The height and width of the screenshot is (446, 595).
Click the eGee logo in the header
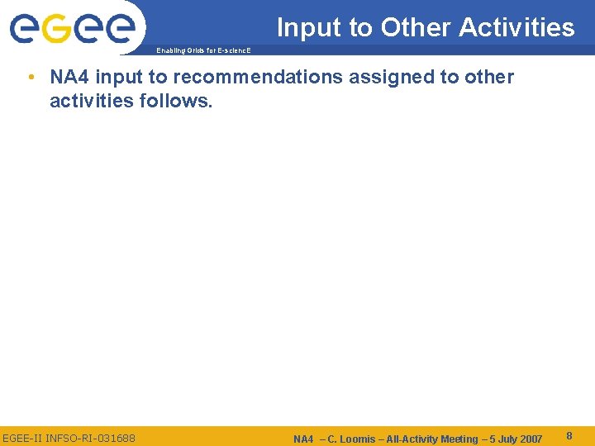click(72, 27)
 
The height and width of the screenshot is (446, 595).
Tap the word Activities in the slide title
click(516, 28)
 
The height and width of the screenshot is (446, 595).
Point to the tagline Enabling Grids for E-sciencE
click(202, 51)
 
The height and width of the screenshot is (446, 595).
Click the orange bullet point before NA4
click(30, 78)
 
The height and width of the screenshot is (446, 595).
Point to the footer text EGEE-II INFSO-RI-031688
click(69, 438)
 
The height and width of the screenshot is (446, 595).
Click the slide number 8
click(570, 435)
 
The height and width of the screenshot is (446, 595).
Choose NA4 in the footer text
click(303, 439)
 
